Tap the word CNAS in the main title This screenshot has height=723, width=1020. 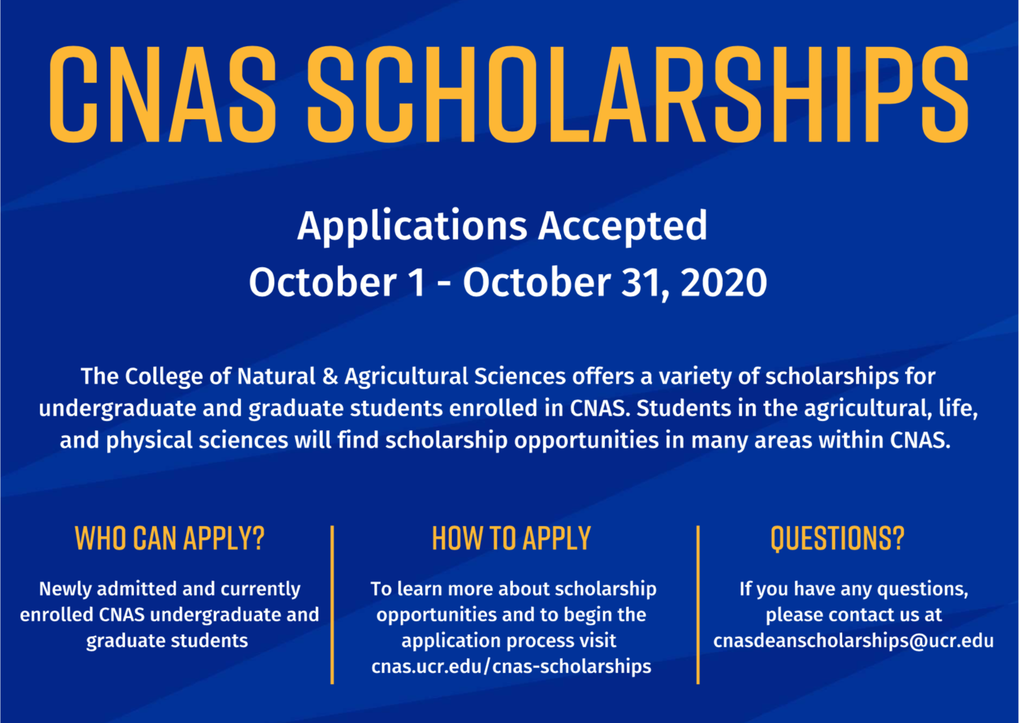pyautogui.click(x=162, y=94)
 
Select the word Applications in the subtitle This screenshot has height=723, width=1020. pyautogui.click(x=412, y=227)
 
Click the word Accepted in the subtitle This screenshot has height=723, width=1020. pyautogui.click(x=623, y=227)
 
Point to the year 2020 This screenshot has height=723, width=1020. pyautogui.click(x=723, y=283)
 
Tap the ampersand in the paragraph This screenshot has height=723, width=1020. pyautogui.click(x=330, y=377)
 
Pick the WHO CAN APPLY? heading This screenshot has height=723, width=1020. pyautogui.click(x=170, y=538)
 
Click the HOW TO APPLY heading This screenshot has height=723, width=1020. pyautogui.click(x=511, y=538)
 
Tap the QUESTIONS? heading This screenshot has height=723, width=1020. pyautogui.click(x=837, y=538)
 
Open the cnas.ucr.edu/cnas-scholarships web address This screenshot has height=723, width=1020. pyautogui.click(x=511, y=666)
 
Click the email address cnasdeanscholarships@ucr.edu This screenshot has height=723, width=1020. pyautogui.click(x=853, y=641)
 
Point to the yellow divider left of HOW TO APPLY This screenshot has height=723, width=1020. pyautogui.click(x=332, y=605)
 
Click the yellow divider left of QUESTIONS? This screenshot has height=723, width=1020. pyautogui.click(x=698, y=605)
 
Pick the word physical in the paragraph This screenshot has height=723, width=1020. pyautogui.click(x=149, y=441)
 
